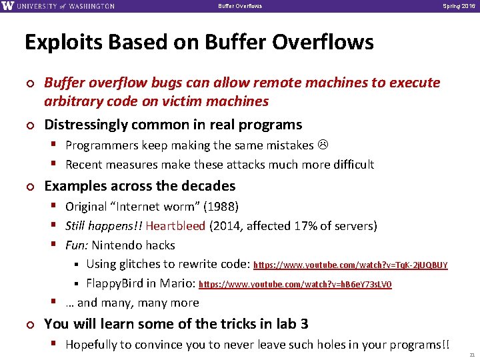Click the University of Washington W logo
[7, 6]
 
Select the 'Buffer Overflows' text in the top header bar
[240, 6]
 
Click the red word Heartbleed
[176, 226]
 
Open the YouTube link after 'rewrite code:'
[351, 265]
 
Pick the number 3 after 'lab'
[304, 324]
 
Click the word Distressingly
[86, 125]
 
